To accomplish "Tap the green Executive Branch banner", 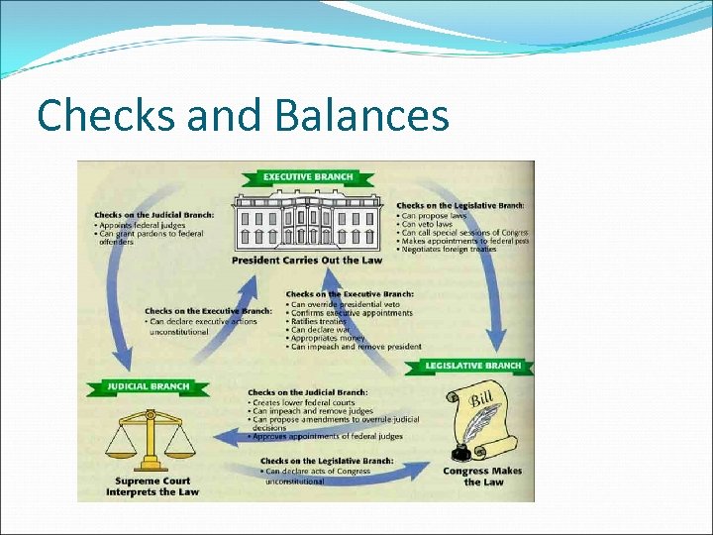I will (x=307, y=177).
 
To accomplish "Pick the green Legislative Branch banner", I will (x=472, y=366).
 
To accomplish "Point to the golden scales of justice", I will (x=151, y=436).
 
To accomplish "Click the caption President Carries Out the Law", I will (x=306, y=261).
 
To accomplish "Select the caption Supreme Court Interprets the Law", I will (x=153, y=486).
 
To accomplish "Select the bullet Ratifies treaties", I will (x=321, y=321).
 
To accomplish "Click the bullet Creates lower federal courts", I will (x=301, y=402).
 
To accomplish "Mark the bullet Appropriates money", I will (x=326, y=339).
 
